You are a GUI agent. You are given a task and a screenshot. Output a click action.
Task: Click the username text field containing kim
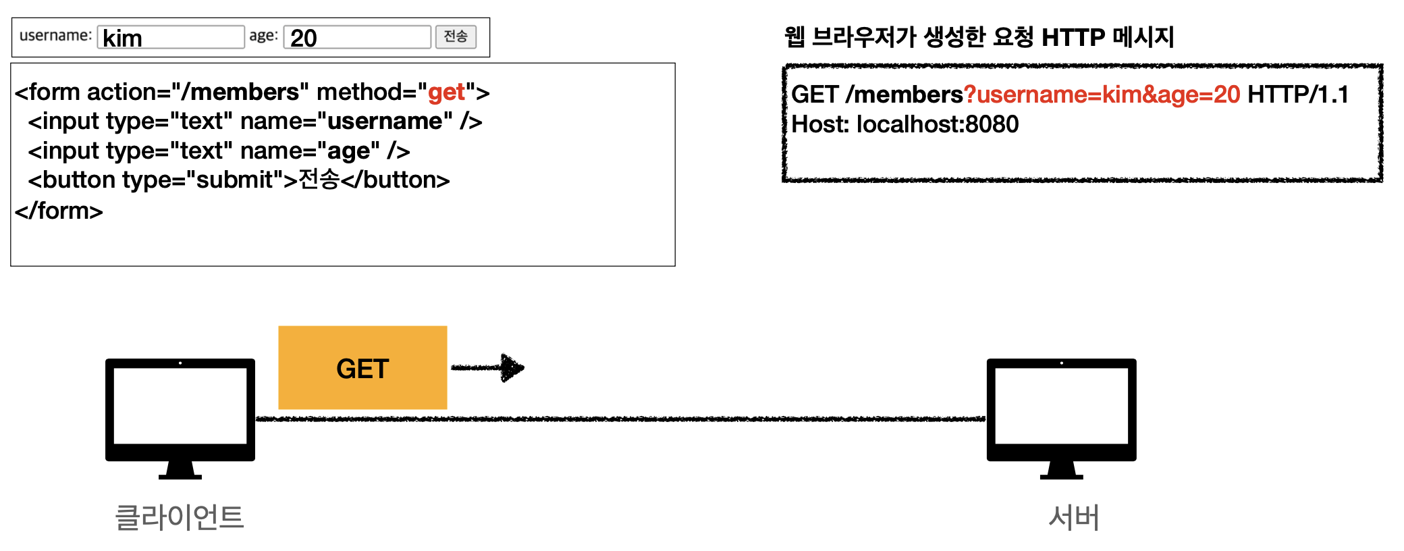pyautogui.click(x=171, y=37)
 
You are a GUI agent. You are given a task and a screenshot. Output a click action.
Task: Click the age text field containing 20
pyautogui.click(x=357, y=37)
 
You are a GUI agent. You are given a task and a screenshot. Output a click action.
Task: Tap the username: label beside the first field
pyautogui.click(x=55, y=35)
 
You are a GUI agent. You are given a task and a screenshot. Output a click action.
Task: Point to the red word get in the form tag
pyautogui.click(x=446, y=92)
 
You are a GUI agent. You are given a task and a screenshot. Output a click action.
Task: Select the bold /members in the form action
pyautogui.click(x=240, y=92)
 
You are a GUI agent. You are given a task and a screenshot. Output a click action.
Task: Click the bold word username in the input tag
pyautogui.click(x=389, y=122)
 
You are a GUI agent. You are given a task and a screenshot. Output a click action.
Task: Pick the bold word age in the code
pyautogui.click(x=348, y=151)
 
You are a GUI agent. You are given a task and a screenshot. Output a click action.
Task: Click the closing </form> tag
pyautogui.click(x=59, y=211)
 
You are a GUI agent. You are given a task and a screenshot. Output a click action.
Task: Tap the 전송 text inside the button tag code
pyautogui.click(x=319, y=180)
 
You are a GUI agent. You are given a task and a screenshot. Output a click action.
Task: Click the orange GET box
pyautogui.click(x=362, y=368)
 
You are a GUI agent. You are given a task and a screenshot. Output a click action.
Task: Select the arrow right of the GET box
pyautogui.click(x=487, y=368)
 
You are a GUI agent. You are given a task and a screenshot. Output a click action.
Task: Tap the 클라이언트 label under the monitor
pyautogui.click(x=180, y=517)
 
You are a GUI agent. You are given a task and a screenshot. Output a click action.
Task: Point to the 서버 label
pyautogui.click(x=1074, y=517)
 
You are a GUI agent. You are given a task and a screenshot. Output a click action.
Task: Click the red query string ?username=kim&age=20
pyautogui.click(x=1102, y=95)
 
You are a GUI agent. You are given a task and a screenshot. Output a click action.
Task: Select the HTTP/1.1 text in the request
pyautogui.click(x=1297, y=95)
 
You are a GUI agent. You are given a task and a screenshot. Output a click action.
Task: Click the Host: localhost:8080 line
pyautogui.click(x=905, y=124)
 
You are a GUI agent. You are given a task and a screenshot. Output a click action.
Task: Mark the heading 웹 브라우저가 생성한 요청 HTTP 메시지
pyautogui.click(x=979, y=37)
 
